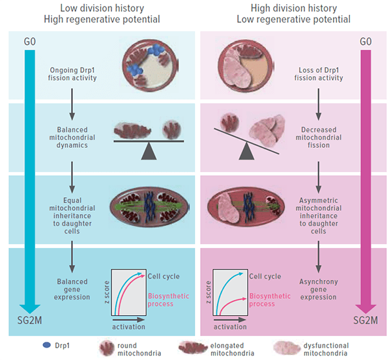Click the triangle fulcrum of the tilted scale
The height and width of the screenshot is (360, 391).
click(247, 152)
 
